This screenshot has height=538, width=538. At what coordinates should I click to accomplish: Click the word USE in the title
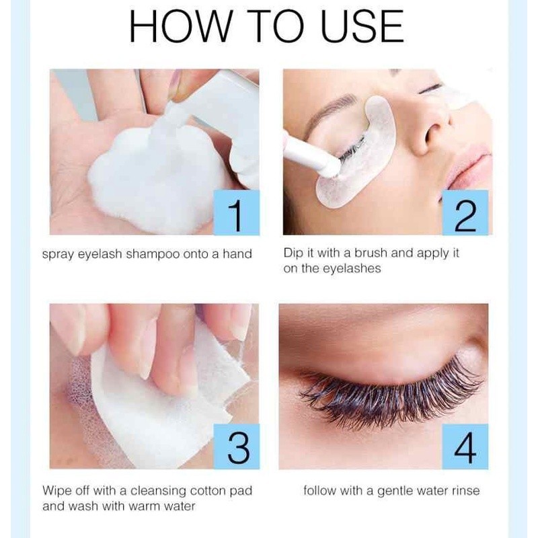pyautogui.click(x=362, y=26)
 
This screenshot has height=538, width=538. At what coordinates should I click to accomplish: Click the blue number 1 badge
pyautogui.click(x=236, y=213)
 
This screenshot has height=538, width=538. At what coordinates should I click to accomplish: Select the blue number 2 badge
pyautogui.click(x=465, y=213)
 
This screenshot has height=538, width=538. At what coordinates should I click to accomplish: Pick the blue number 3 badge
pyautogui.click(x=237, y=447)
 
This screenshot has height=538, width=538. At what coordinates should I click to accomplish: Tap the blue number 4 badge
pyautogui.click(x=465, y=447)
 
